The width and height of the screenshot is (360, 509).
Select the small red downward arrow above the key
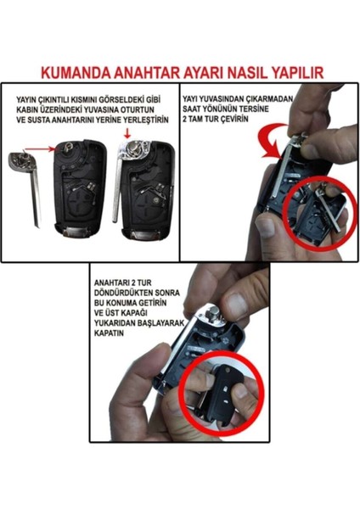[127, 133]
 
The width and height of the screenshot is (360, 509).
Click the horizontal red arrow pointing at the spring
[40, 148]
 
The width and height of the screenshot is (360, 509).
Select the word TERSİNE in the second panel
[255, 109]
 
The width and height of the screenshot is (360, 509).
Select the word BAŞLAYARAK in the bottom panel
[159, 323]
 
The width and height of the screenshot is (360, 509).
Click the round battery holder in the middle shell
[80, 202]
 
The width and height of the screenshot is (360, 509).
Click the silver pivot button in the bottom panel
[213, 314]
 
